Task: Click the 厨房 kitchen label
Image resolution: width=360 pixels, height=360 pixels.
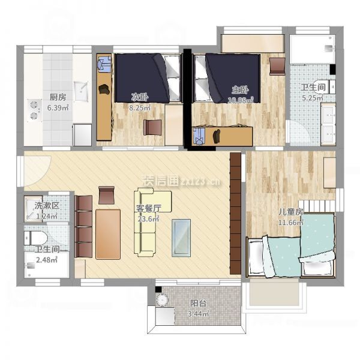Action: click(58, 97)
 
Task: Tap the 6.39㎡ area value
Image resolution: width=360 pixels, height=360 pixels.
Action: click(58, 107)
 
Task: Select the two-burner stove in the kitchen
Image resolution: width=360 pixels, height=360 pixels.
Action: click(34, 110)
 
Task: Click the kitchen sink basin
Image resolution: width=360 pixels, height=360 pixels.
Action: click(81, 91)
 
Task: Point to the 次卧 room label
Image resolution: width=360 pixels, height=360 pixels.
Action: click(140, 97)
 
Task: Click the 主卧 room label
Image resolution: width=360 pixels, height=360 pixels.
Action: click(240, 90)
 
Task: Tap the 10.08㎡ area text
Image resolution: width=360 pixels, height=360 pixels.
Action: click(241, 100)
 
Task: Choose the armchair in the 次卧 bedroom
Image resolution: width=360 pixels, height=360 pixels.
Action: click(152, 127)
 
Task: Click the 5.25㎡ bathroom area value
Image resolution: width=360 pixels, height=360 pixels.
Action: click(313, 98)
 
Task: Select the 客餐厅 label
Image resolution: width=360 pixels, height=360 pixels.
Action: click(149, 208)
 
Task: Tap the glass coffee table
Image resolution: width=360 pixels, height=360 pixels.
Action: click(181, 238)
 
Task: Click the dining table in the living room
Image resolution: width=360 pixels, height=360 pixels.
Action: click(108, 234)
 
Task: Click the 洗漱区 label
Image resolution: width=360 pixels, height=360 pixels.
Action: click(47, 205)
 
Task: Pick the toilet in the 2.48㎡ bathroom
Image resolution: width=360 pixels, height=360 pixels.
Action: click(35, 238)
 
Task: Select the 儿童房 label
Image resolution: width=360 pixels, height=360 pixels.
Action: click(291, 212)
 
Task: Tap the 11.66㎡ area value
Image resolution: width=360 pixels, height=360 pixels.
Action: click(291, 222)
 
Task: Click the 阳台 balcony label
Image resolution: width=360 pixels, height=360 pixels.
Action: click(199, 303)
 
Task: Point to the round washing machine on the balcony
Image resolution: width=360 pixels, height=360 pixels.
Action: click(163, 300)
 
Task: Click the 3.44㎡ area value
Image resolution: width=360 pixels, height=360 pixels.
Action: click(199, 314)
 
